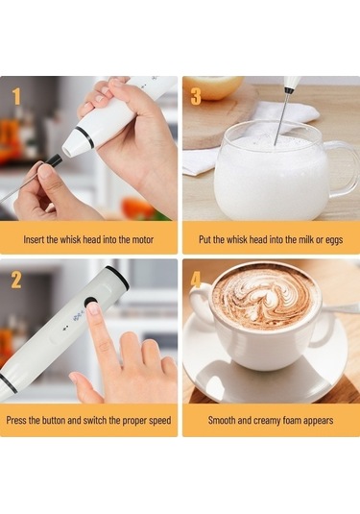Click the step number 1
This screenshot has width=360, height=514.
(x=16, y=96)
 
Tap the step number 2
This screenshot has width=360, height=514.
(x=16, y=281)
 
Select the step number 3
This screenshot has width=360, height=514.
(x=196, y=96)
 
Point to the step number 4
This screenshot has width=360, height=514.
(x=196, y=281)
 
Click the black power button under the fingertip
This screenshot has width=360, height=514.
(x=92, y=308)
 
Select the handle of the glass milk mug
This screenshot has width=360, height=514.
(x=341, y=168)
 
